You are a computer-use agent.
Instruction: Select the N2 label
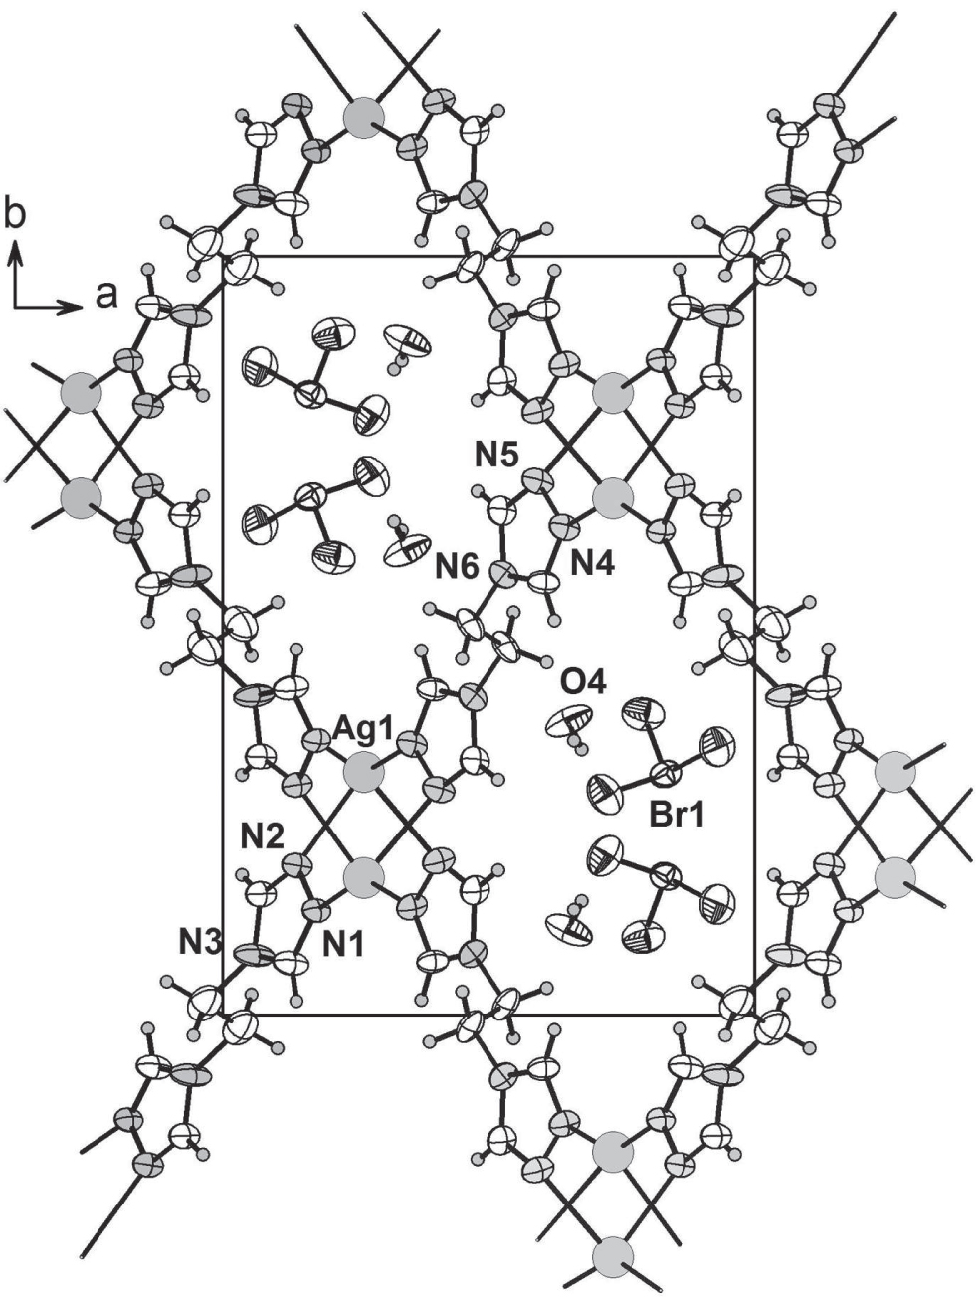[x=266, y=835]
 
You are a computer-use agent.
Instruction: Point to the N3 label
[x=200, y=938]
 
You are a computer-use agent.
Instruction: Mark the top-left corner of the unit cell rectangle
[x=223, y=257]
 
